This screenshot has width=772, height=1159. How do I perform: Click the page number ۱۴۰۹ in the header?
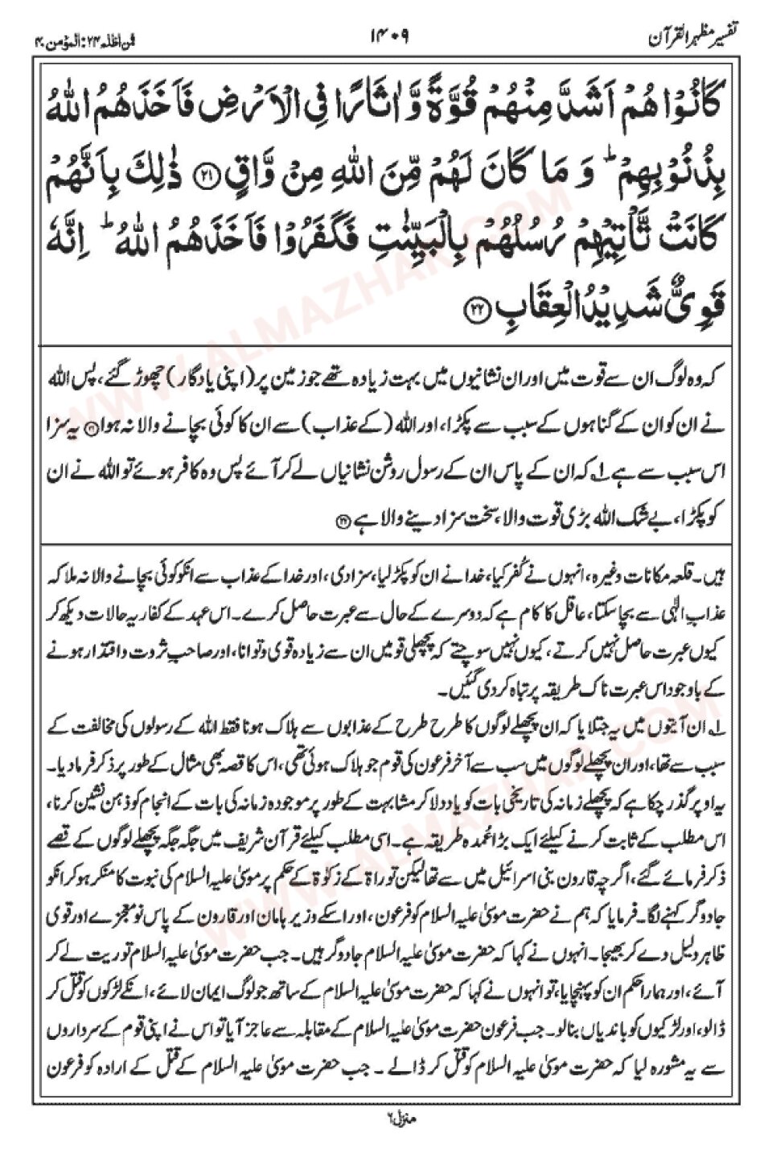tap(392, 37)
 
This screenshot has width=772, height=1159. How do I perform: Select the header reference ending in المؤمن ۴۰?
tap(66, 38)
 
